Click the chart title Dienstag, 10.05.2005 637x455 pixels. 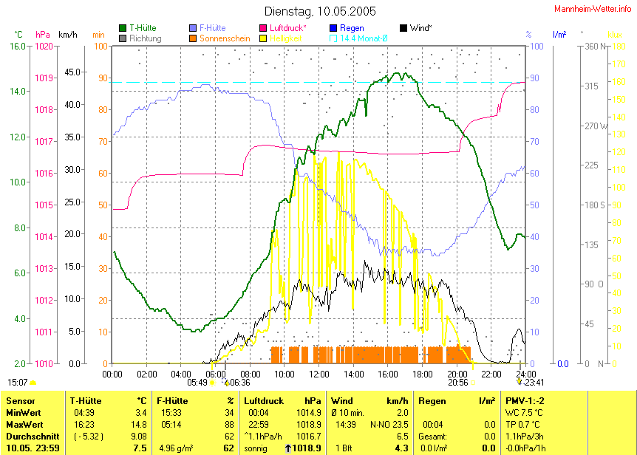coord(320,11)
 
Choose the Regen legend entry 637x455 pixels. coord(352,28)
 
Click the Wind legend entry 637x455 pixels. coord(420,28)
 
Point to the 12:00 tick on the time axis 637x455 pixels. coord(318,374)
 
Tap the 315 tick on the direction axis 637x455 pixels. coord(591,86)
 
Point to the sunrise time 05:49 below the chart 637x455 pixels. coord(197,383)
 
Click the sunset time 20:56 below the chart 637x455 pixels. coord(458,383)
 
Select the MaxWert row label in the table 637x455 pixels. coord(23,424)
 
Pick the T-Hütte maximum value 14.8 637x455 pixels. coord(137,424)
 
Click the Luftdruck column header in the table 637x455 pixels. coord(266,400)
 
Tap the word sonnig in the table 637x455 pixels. coord(256,448)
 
